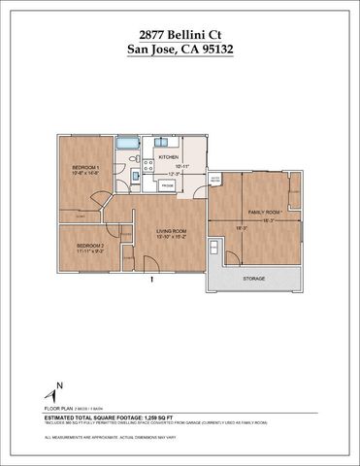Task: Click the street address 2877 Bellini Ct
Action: coord(180,33)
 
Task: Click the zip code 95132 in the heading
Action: coord(211,49)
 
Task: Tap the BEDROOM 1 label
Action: coord(87,168)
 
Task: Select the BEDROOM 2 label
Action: coord(89,246)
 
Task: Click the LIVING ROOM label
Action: coord(171,230)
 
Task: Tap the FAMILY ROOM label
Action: coord(264,212)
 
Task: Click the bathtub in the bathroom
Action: coord(128,146)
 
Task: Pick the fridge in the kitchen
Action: coord(167,184)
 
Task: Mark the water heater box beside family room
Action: coord(215,181)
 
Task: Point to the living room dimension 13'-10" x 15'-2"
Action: coord(171,237)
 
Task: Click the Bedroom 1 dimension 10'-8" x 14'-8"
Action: coord(87,175)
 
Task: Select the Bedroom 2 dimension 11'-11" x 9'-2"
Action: coord(89,252)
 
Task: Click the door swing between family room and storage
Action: coord(231,256)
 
